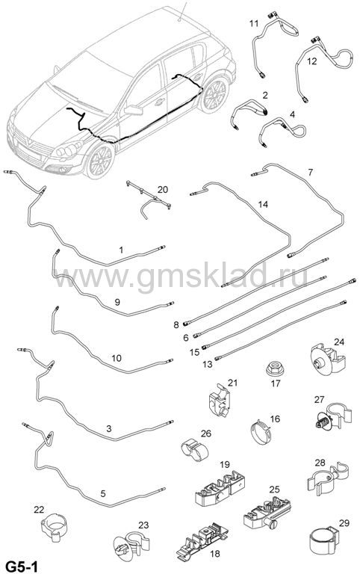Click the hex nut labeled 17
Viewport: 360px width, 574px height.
pyautogui.click(x=273, y=368)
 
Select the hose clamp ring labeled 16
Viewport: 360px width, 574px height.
pyautogui.click(x=261, y=433)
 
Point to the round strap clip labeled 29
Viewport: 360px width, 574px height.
pyautogui.click(x=323, y=543)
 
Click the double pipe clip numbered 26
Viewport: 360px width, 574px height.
pyautogui.click(x=195, y=448)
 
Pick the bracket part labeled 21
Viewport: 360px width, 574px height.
pyautogui.click(x=220, y=402)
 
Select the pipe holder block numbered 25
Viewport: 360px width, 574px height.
pyautogui.click(x=267, y=512)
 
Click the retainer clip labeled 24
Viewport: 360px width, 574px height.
pyautogui.click(x=327, y=359)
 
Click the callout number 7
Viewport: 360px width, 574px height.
pyautogui.click(x=310, y=172)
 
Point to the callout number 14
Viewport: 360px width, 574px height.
pyautogui.click(x=263, y=204)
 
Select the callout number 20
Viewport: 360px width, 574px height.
pyautogui.click(x=163, y=189)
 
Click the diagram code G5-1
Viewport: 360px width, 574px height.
pyautogui.click(x=19, y=567)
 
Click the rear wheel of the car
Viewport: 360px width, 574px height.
pyautogui.click(x=214, y=94)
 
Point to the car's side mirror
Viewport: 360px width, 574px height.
pyautogui.click(x=133, y=110)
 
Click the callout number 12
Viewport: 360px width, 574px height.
pyautogui.click(x=311, y=61)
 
